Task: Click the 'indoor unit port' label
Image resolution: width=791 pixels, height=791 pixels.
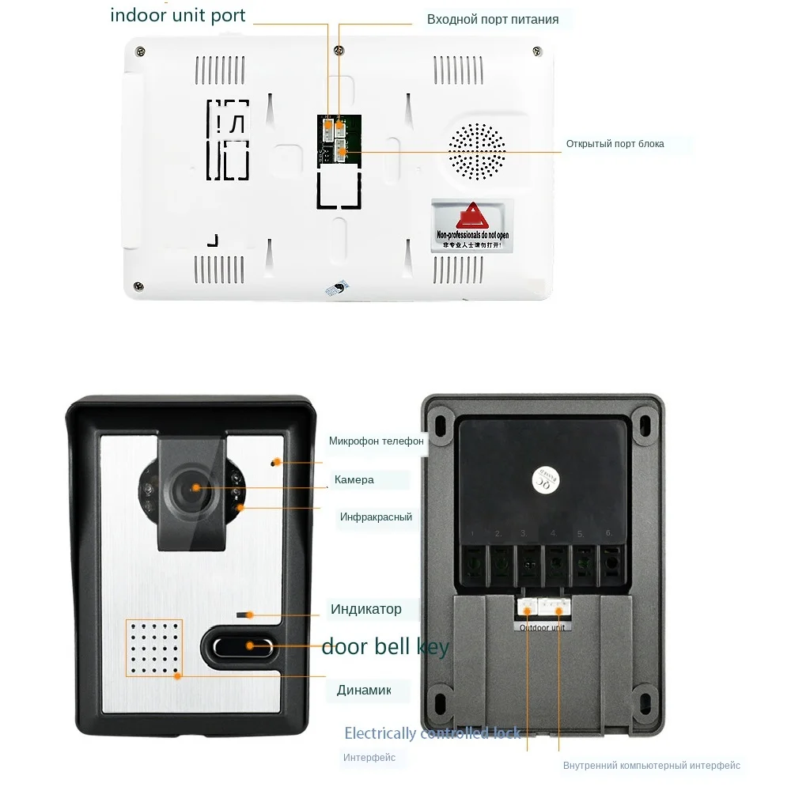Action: (x=178, y=15)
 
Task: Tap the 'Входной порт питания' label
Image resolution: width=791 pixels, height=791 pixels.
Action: (x=492, y=19)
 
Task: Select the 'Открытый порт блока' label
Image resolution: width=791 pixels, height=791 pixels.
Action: (x=615, y=144)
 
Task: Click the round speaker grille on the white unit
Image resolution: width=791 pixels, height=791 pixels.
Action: (x=477, y=150)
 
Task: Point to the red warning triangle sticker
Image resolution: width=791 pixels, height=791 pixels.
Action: (x=472, y=214)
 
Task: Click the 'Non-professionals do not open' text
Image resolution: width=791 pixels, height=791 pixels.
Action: (x=473, y=236)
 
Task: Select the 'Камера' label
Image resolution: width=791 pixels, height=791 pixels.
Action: (x=354, y=479)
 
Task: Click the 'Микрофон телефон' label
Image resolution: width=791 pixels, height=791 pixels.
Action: (x=377, y=441)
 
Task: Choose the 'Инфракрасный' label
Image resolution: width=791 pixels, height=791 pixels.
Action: (x=376, y=517)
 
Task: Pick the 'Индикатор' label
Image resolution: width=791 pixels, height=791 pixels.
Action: (x=365, y=609)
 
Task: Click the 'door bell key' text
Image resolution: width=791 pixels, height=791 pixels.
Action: (x=385, y=647)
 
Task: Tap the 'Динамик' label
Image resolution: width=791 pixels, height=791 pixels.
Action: (x=364, y=690)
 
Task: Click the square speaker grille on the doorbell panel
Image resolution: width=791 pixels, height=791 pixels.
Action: (x=153, y=648)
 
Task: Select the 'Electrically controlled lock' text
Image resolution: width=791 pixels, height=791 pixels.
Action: (x=432, y=733)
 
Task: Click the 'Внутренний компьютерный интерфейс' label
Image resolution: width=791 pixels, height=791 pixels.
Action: (x=651, y=765)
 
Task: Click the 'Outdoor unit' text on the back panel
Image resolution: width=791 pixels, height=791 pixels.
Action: (x=543, y=627)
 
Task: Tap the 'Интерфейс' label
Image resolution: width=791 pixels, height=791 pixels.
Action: (x=369, y=758)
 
